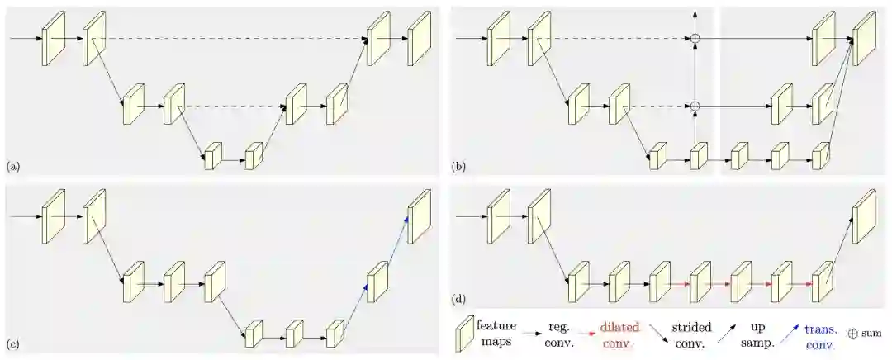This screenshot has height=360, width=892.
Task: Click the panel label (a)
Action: (12, 167)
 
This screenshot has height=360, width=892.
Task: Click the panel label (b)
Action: (458, 167)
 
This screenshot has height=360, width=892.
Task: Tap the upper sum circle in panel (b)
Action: (695, 39)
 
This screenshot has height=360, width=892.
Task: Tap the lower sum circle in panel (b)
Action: (695, 106)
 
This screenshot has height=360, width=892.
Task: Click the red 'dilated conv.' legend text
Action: (619, 334)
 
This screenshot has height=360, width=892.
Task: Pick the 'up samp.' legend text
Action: (757, 334)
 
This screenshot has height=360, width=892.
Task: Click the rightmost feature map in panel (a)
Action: (420, 38)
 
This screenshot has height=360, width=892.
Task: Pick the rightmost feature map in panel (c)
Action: (420, 215)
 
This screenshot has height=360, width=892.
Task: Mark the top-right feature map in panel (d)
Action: (863, 215)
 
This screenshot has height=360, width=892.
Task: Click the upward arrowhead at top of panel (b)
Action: (695, 15)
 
